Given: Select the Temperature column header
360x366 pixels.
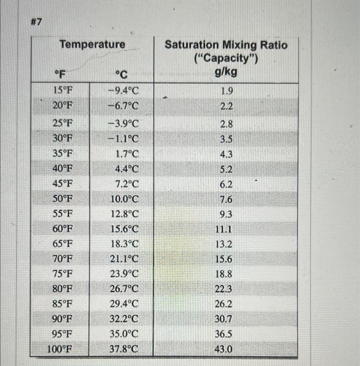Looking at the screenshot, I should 92,45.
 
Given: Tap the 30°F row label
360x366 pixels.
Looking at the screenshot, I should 63,140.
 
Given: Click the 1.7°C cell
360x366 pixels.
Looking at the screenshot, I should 126,155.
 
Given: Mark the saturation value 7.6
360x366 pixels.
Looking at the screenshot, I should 227,200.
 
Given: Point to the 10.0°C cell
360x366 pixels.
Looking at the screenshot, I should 125,200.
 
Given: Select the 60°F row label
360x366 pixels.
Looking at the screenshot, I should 63,230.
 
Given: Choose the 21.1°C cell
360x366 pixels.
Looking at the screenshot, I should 125,259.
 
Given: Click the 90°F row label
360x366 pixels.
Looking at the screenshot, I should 63,318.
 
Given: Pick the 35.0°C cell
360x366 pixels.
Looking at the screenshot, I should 125,334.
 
